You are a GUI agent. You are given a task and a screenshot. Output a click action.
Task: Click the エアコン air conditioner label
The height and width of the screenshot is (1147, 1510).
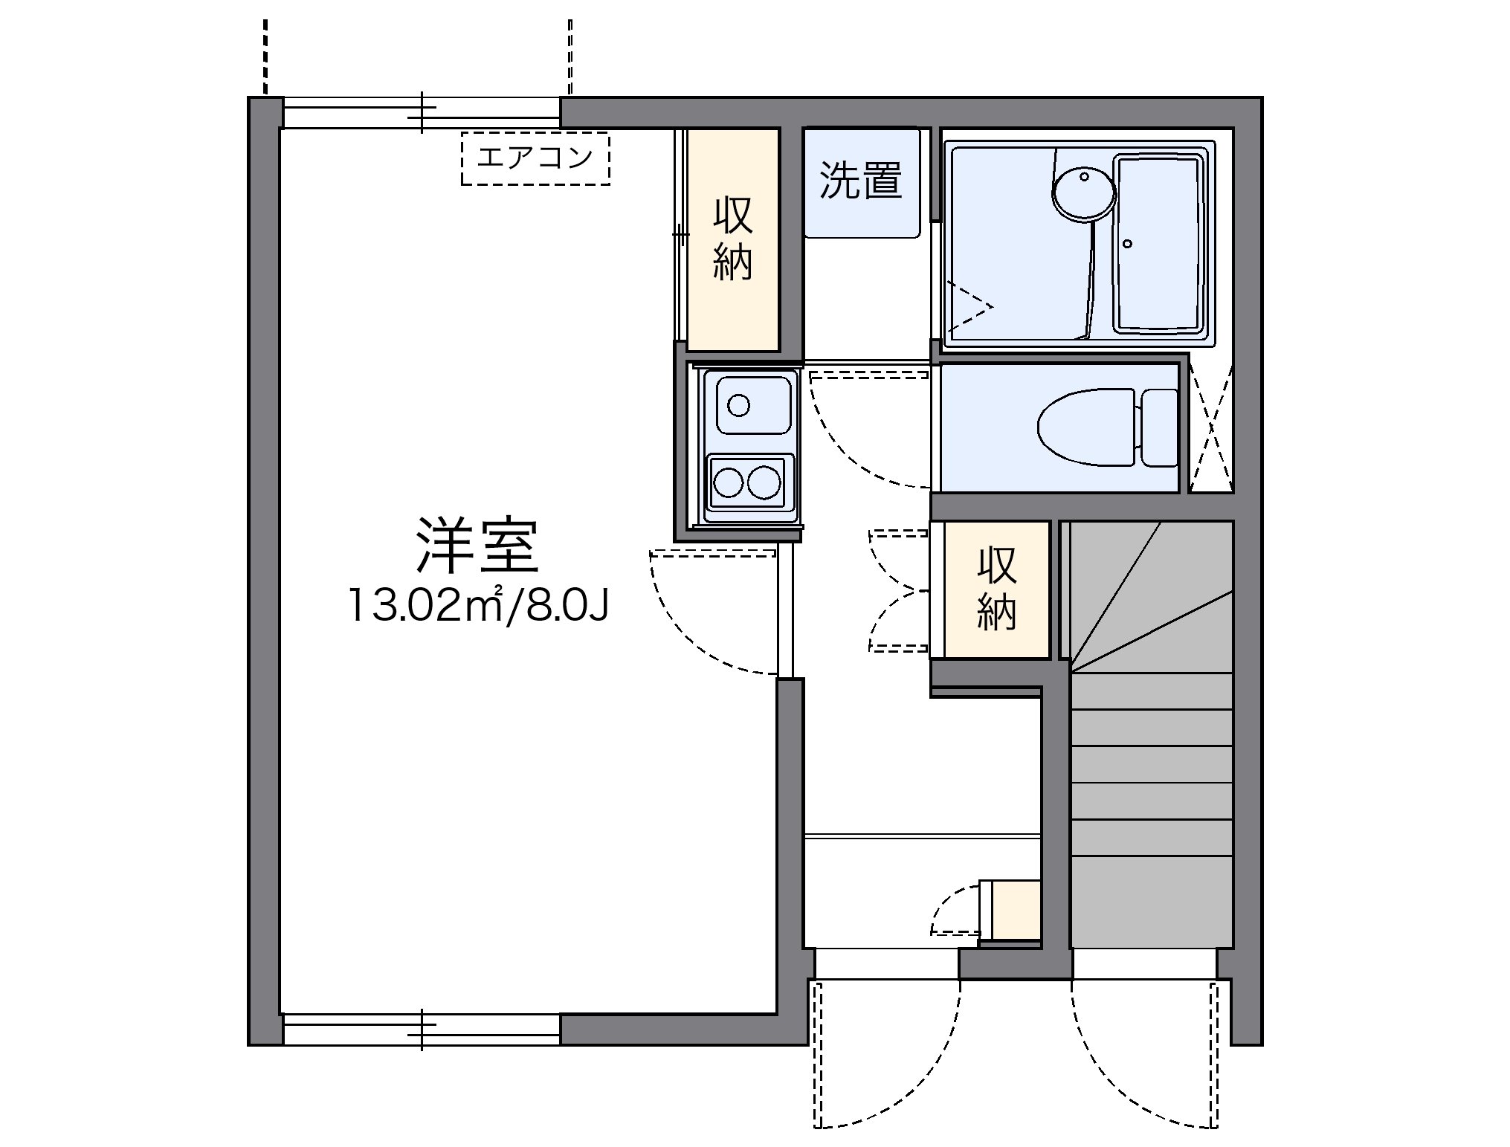(535, 158)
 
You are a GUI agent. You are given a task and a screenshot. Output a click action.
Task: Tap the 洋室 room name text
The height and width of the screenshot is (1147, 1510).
(477, 546)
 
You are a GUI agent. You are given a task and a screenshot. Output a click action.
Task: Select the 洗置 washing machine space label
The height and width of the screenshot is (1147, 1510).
(861, 180)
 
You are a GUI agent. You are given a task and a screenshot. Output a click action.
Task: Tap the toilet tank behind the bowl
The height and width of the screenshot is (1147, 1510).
(1159, 428)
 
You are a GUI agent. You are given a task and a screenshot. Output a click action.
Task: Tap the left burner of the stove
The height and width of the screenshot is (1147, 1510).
(728, 482)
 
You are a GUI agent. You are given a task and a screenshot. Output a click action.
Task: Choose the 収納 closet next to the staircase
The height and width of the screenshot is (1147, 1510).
(996, 589)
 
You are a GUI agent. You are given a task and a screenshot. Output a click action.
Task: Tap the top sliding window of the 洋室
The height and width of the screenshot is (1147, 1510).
(421, 113)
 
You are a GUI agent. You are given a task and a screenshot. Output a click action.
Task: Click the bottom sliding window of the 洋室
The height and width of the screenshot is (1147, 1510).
(421, 1030)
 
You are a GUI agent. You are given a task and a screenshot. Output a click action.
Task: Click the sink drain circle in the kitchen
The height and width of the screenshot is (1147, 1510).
(738, 405)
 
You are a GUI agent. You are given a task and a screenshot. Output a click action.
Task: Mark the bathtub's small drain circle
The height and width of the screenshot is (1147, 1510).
(1128, 244)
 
